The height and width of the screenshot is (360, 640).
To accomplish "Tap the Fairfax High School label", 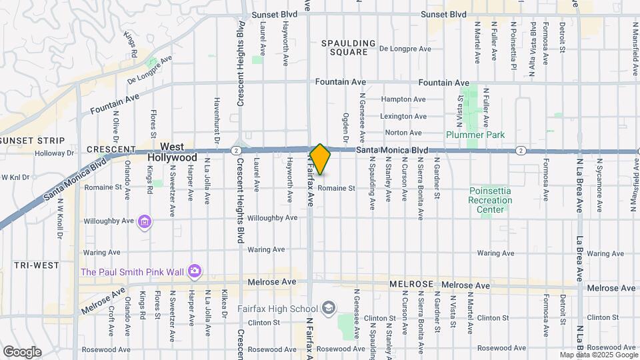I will tap(278, 309).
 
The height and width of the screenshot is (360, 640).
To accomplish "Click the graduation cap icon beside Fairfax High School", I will tap(328, 308).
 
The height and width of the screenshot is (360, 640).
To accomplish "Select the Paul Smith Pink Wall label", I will tap(133, 271).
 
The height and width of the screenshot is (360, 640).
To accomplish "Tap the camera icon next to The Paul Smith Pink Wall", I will tap(195, 271).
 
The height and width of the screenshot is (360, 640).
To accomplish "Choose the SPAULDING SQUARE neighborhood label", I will tap(344, 47).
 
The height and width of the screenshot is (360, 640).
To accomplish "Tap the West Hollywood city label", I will tap(179, 152).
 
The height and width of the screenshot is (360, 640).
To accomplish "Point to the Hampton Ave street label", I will tap(403, 99).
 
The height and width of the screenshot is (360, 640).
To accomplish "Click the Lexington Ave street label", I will tap(403, 116).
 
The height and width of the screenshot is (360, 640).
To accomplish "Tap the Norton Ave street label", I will tap(403, 133).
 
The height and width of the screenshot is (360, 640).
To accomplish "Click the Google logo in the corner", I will tap(21, 352).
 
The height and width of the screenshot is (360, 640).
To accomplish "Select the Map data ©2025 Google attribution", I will tap(598, 355).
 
